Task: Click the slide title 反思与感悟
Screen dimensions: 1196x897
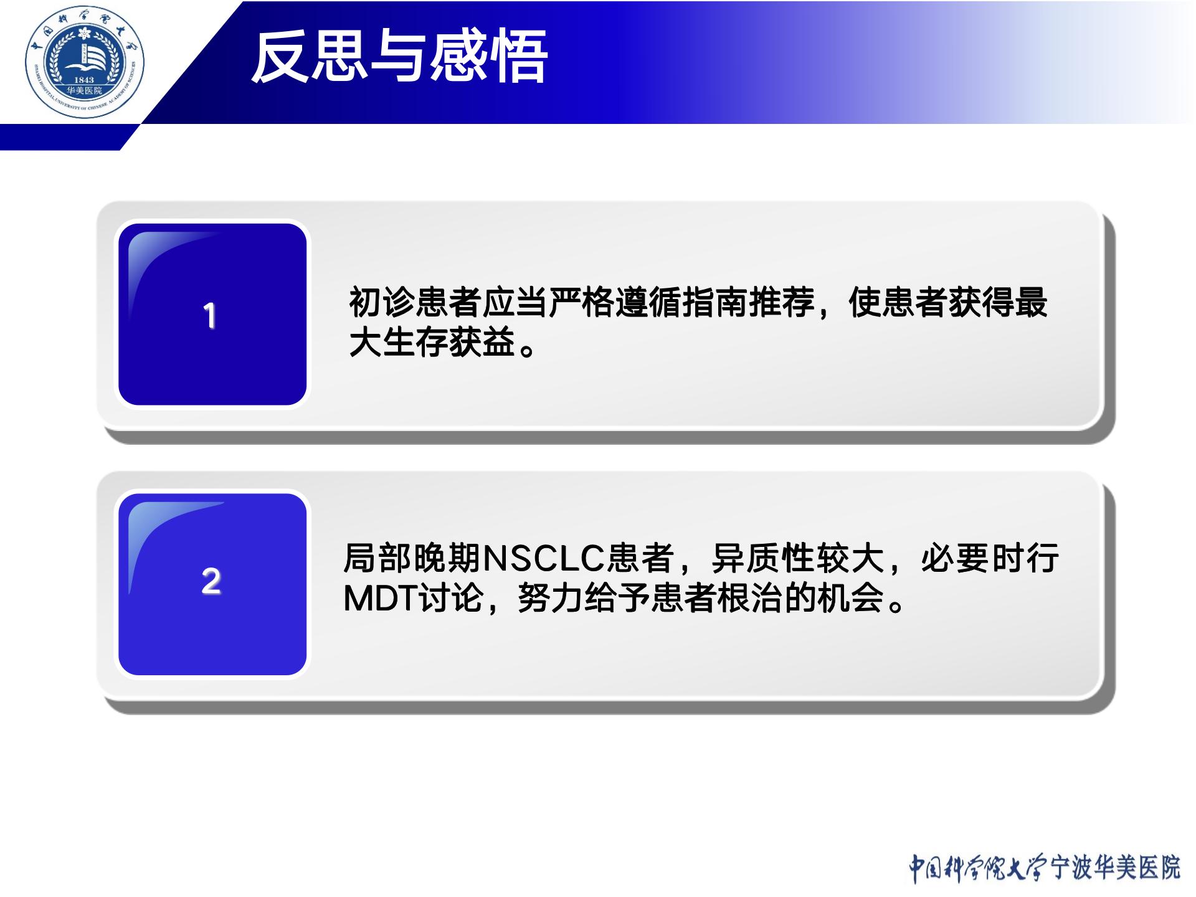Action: point(399,57)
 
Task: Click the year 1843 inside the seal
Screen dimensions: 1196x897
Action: point(83,80)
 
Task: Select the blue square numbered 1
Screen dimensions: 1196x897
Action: point(212,314)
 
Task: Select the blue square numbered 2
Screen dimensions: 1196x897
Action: point(212,584)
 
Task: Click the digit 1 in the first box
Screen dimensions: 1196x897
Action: point(210,315)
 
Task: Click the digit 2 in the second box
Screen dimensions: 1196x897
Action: point(211,581)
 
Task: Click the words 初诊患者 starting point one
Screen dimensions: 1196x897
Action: point(415,302)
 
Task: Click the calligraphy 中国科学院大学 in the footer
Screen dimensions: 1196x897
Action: point(979,868)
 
